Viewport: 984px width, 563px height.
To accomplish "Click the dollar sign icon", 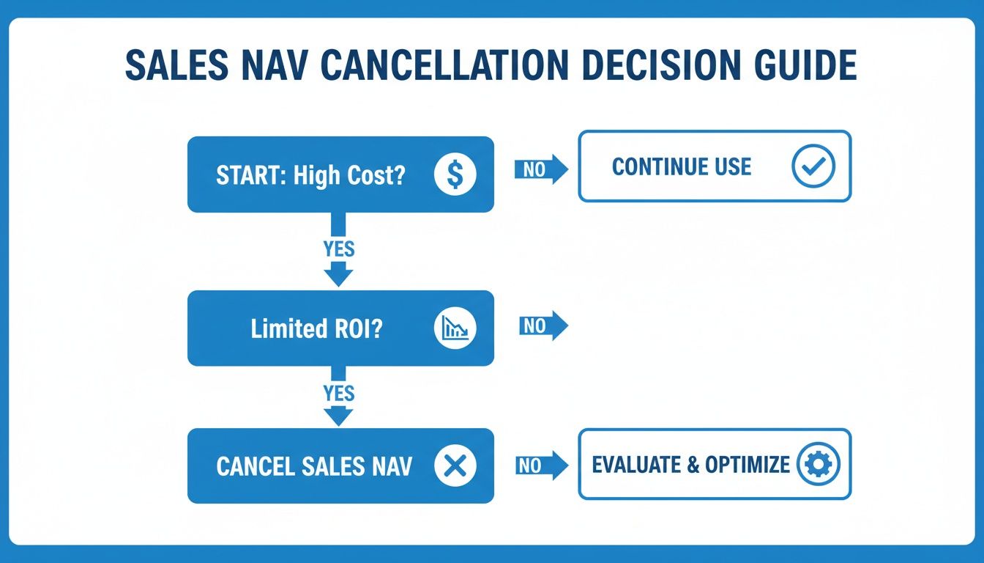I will pyautogui.click(x=455, y=174).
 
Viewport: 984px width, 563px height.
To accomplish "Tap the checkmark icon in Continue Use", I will pyautogui.click(x=813, y=166).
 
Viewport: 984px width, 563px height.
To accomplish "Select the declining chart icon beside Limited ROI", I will pyautogui.click(x=455, y=328).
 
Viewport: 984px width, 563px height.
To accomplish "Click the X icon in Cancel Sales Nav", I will pyautogui.click(x=455, y=466).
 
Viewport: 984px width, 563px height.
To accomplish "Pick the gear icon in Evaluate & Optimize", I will pyautogui.click(x=818, y=465).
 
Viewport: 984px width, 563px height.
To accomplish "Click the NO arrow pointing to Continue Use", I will pyautogui.click(x=541, y=169).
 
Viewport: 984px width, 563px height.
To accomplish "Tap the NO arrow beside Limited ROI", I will pyautogui.click(x=543, y=325).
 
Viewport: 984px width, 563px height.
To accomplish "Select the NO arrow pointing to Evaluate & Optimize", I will pyautogui.click(x=541, y=465).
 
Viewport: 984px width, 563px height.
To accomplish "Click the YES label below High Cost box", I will pyautogui.click(x=338, y=249).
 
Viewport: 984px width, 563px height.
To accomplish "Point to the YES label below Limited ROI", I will pyautogui.click(x=338, y=394).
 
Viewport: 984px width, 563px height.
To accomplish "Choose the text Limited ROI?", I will pyautogui.click(x=316, y=329).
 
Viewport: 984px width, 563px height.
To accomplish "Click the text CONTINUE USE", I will pyautogui.click(x=681, y=167).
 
